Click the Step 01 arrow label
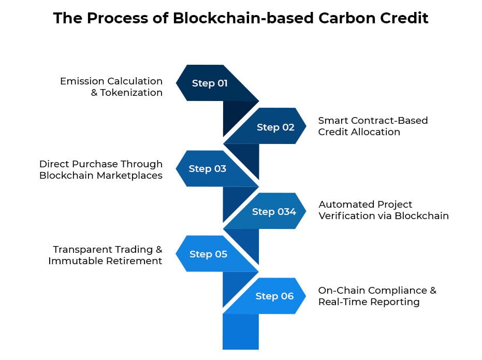point(210,83)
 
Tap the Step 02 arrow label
point(275,127)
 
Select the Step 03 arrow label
point(207,169)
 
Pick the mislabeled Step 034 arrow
point(274,211)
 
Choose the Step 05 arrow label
point(208,254)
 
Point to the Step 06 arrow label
point(274,296)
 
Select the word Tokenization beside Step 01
point(132,93)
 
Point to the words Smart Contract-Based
point(373,121)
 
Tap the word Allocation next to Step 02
point(374,132)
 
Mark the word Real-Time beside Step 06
point(342,302)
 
